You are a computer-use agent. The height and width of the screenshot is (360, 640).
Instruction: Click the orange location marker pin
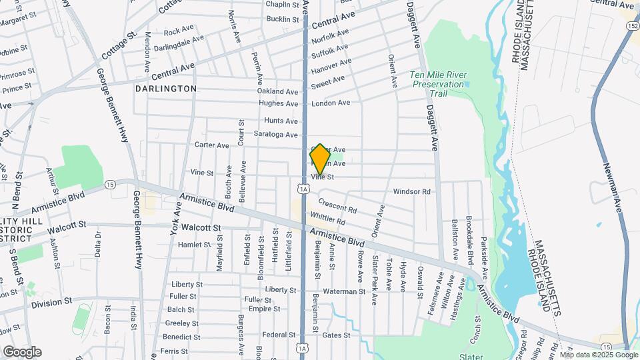click(x=320, y=159)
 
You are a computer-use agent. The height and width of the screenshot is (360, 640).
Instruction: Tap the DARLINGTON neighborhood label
click(x=166, y=89)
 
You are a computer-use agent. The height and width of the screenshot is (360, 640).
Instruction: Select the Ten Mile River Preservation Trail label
click(x=437, y=84)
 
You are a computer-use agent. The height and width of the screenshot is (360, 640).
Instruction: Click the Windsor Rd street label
click(x=412, y=192)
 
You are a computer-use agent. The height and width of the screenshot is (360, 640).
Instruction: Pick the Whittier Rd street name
click(x=327, y=217)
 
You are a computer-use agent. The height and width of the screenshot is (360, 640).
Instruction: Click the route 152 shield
click(x=631, y=25)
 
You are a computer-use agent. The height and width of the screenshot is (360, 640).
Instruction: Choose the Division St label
click(x=51, y=302)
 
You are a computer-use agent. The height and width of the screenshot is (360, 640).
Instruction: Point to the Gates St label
click(x=336, y=335)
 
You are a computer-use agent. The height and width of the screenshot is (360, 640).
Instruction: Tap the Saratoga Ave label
click(x=276, y=135)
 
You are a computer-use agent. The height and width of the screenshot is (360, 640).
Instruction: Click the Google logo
click(x=22, y=351)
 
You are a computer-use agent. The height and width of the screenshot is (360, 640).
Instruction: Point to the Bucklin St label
click(x=283, y=19)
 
